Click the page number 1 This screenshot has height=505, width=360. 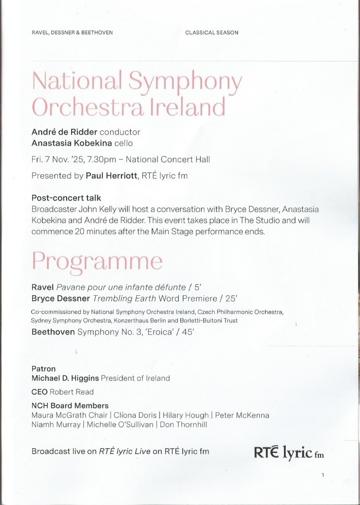pos(322,476)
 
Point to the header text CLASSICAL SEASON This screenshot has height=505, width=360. pos(212,33)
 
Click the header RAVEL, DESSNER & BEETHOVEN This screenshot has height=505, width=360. pos(72,33)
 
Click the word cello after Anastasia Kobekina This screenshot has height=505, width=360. pos(129,144)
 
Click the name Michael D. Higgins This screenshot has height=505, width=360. pos(65,378)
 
